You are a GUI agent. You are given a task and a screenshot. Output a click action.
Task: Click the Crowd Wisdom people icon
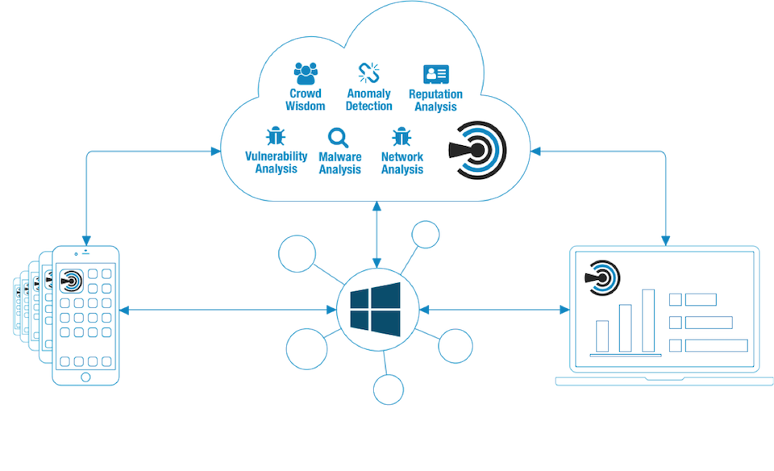[x=306, y=73]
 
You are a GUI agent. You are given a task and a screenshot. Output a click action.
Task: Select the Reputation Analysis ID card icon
[x=435, y=74]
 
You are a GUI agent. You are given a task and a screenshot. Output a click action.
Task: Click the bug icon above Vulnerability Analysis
[x=276, y=135]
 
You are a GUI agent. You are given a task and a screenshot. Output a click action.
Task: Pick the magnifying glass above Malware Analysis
[x=339, y=136]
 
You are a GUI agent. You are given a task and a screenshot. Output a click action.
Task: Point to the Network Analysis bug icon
[x=402, y=135]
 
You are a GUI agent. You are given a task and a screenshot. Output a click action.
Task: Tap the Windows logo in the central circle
[x=376, y=309]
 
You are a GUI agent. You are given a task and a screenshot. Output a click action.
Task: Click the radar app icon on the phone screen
[x=71, y=279]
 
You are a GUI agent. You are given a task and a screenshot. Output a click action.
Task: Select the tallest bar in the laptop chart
[x=648, y=320]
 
